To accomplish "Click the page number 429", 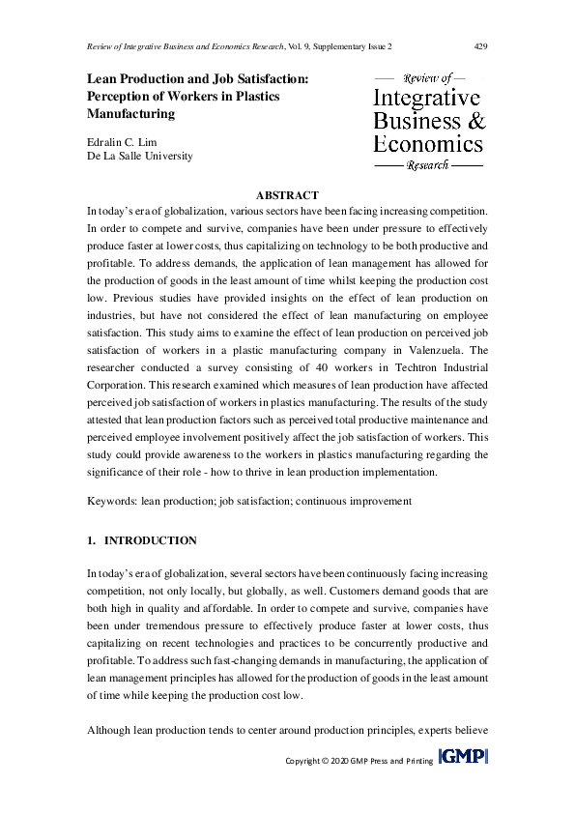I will (478, 46).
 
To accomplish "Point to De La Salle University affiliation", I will (140, 156).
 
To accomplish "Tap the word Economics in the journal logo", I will (427, 144).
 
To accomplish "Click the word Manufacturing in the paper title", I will (131, 113).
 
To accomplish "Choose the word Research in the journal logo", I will (428, 166).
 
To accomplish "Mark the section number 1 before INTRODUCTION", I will (90, 540).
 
